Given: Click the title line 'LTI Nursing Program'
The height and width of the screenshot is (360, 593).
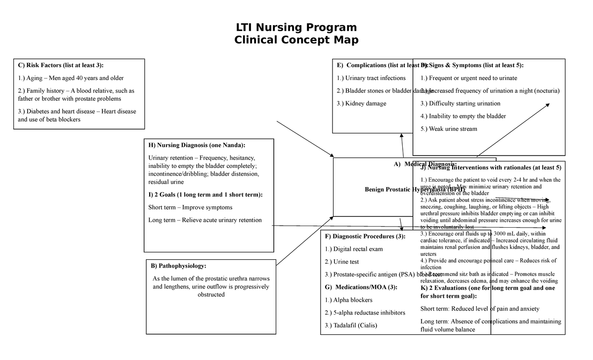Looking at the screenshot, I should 296,27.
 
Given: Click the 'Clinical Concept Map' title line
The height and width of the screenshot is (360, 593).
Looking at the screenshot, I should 296,40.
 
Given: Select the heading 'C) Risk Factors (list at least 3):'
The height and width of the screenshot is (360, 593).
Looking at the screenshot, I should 61,65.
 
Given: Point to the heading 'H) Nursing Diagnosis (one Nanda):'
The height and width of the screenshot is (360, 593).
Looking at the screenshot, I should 196,145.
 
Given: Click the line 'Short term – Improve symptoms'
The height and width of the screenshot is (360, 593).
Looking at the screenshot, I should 190,207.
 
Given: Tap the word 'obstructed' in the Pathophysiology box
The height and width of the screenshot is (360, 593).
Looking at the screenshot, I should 211,295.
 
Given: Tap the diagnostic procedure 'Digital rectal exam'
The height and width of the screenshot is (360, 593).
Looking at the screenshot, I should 358,249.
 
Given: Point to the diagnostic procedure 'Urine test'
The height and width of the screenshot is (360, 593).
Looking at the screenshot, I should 346,262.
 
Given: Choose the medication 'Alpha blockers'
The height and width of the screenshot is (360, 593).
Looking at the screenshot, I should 353,300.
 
